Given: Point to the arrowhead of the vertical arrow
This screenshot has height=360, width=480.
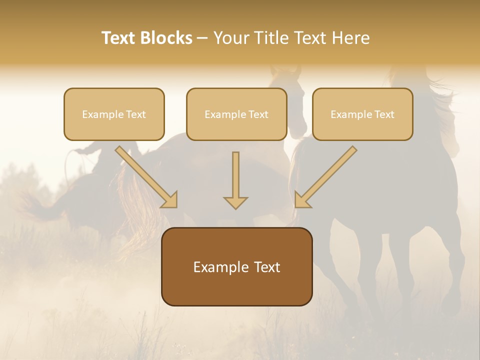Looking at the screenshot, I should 235,202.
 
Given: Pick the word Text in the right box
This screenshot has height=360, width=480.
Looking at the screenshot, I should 384,114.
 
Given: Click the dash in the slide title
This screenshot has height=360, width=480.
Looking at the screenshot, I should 202,38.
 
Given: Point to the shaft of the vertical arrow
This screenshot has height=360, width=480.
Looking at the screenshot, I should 235,172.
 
